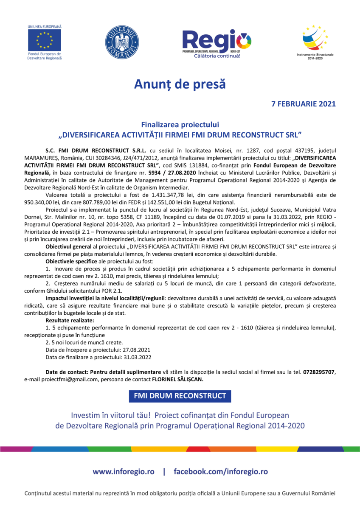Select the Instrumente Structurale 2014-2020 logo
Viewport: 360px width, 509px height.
pos(315,41)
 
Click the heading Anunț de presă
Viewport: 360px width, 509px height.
pos(180,84)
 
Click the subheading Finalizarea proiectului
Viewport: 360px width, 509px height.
pos(180,125)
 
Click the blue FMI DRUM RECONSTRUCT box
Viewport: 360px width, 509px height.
pos(180,396)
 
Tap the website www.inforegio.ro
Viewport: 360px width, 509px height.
pos(124,472)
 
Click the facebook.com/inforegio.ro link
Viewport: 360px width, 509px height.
pos(221,472)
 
